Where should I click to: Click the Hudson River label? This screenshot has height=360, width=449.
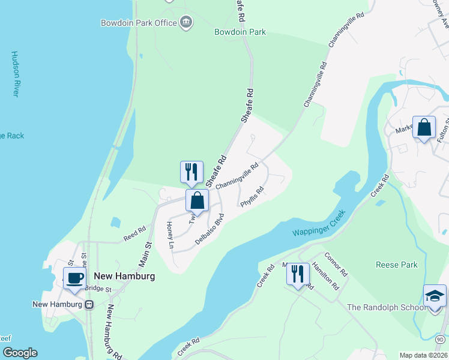click(x=16, y=74)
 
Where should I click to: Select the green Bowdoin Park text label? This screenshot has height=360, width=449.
click(x=240, y=32)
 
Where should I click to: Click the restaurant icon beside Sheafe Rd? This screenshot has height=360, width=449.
click(x=191, y=172)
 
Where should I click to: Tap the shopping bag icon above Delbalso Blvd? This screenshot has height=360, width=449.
click(x=197, y=200)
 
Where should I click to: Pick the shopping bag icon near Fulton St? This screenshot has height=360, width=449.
click(x=424, y=128)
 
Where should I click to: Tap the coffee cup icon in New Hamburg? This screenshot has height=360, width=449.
click(x=74, y=278)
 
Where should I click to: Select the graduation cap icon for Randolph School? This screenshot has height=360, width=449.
click(x=435, y=296)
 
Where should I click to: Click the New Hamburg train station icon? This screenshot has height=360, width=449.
click(x=89, y=304)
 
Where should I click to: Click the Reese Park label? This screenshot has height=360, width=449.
click(x=396, y=265)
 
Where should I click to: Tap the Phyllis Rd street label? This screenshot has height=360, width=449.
click(x=253, y=197)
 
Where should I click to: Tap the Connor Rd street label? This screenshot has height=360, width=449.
click(x=336, y=264)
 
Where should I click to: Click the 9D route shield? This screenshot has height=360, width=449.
click(x=439, y=340)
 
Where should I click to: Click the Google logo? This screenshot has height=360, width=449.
click(x=19, y=353)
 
